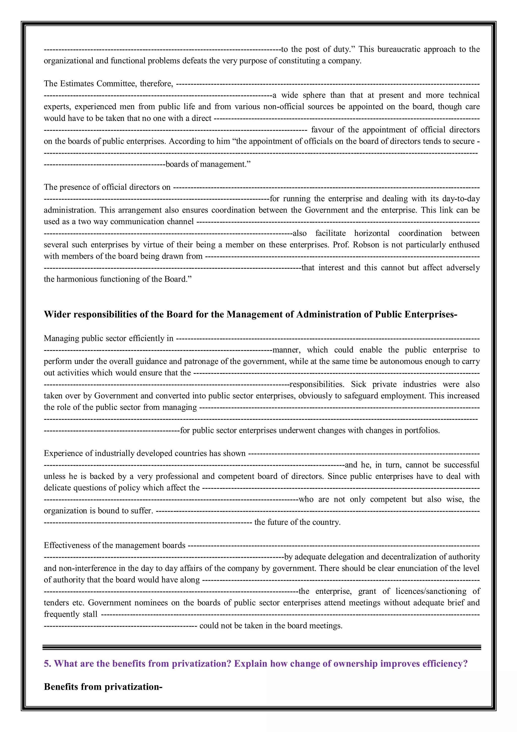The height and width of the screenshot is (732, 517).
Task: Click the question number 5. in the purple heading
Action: tap(47, 664)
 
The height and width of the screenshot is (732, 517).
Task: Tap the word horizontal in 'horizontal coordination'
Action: tap(372, 233)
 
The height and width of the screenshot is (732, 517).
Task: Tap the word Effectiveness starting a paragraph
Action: tap(67, 546)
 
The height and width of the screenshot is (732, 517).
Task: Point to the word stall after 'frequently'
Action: tap(90, 614)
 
